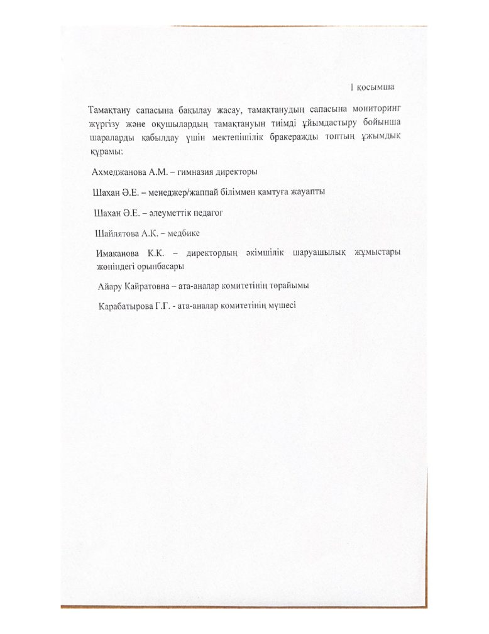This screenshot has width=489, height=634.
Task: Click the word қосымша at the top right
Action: (x=379, y=87)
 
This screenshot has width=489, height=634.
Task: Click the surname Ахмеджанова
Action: (x=119, y=172)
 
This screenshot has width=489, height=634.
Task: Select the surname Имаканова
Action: (x=119, y=253)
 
